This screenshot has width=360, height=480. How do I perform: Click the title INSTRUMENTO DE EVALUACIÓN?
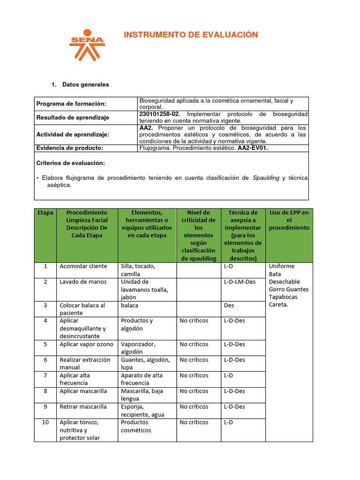click(190, 35)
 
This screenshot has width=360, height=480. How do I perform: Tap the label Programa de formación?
click(71, 104)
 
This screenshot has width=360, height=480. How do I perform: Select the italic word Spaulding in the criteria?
click(266, 178)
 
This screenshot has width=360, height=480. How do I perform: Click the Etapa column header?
click(45, 212)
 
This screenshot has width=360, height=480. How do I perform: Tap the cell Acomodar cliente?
click(83, 266)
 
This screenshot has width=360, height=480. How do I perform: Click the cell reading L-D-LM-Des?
click(240, 282)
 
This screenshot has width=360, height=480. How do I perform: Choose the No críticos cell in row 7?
click(194, 375)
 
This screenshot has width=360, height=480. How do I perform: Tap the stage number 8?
click(45, 391)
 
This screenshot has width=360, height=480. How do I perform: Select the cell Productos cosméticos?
click(136, 426)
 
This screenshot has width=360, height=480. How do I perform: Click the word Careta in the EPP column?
click(279, 304)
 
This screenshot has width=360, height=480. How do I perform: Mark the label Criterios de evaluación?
click(70, 163)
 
